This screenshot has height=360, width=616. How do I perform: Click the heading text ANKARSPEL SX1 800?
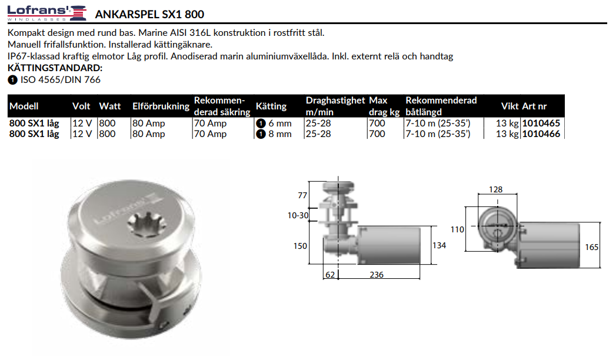(149, 14)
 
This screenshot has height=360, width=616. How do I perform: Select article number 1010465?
(541, 124)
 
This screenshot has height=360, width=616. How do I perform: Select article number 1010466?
(541, 134)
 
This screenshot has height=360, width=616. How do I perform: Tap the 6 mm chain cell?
(274, 124)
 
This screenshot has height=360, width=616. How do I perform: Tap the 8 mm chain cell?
(274, 134)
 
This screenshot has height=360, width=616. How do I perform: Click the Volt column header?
(81, 106)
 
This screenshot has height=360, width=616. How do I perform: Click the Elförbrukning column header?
(161, 106)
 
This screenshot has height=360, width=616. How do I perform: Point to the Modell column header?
(24, 106)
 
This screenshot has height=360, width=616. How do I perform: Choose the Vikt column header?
(510, 106)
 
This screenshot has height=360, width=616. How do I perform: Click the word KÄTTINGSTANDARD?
(55, 68)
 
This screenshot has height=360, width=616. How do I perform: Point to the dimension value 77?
(303, 195)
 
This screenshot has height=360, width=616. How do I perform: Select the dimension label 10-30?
(298, 216)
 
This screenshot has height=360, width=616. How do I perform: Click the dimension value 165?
(591, 248)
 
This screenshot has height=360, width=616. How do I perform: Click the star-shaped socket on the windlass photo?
(144, 223)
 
